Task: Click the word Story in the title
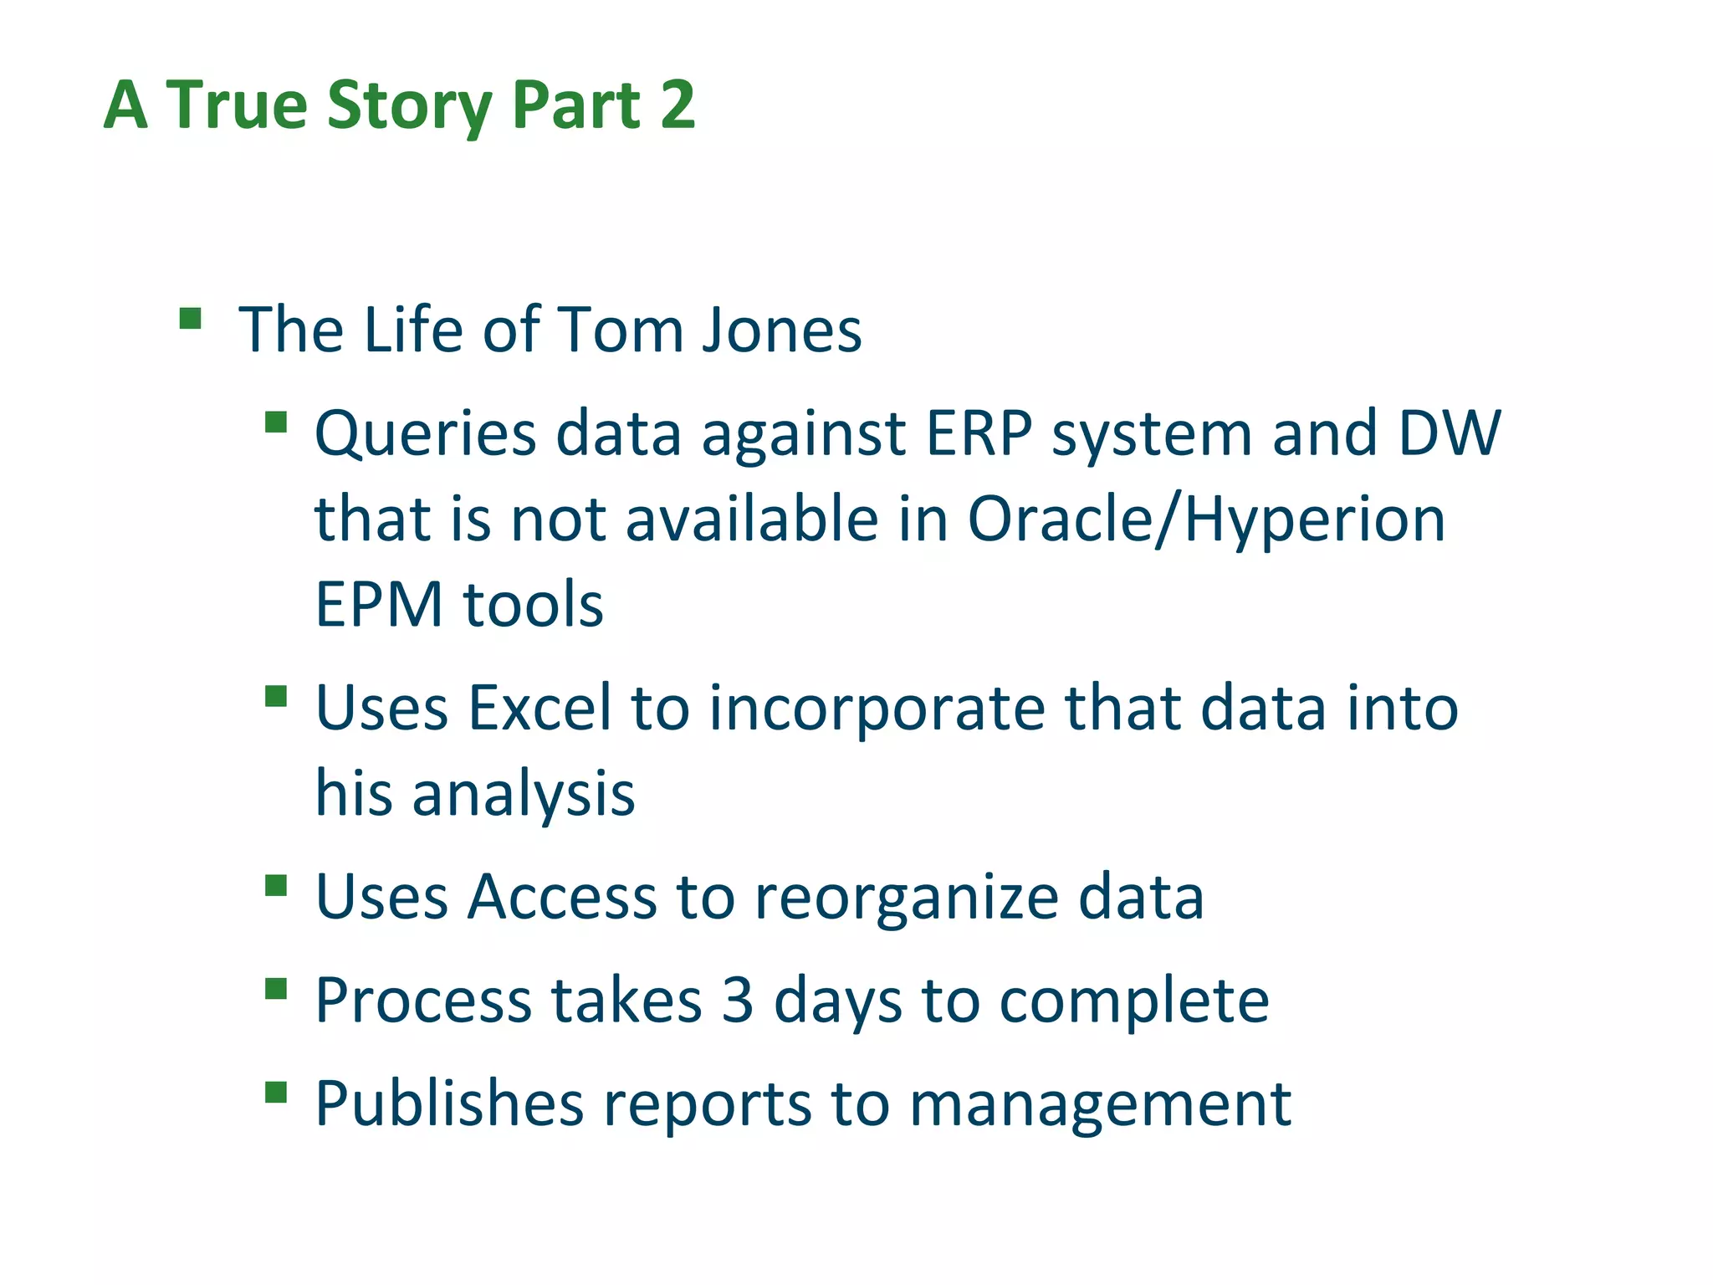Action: (x=409, y=106)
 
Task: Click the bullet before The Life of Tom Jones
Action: (x=191, y=319)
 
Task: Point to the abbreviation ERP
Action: (x=979, y=433)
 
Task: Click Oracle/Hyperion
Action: (x=1206, y=520)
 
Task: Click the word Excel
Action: (x=539, y=708)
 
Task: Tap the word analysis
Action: (x=524, y=793)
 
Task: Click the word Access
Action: (x=562, y=897)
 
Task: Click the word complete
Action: (x=1134, y=1001)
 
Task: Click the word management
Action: (x=1100, y=1104)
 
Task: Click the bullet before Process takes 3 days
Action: (x=276, y=990)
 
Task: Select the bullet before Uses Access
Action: (x=276, y=886)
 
